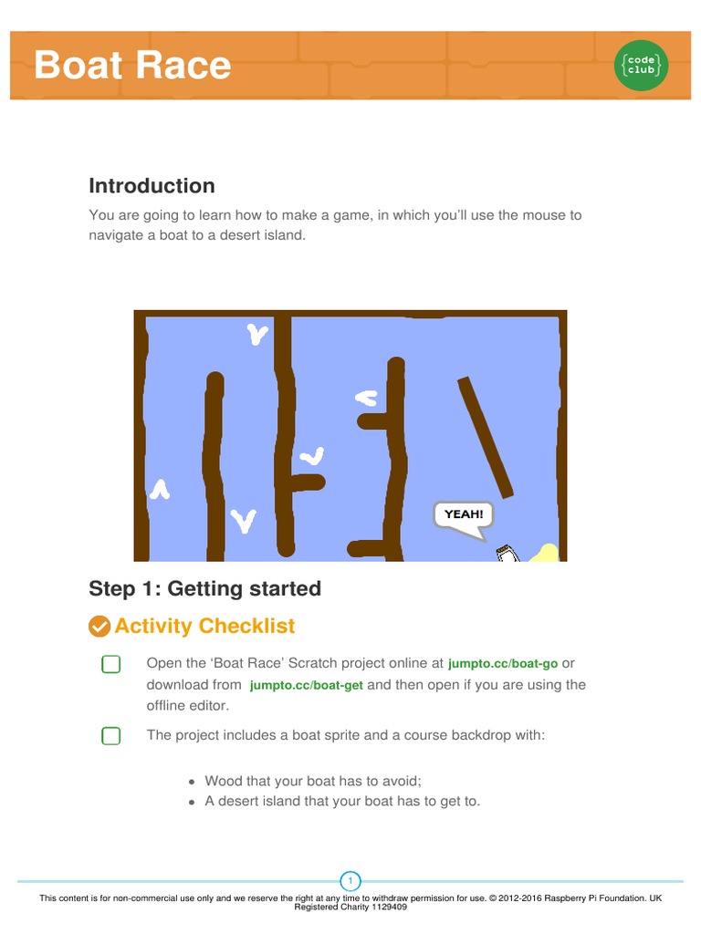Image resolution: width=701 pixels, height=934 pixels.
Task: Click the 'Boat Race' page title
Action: [132, 66]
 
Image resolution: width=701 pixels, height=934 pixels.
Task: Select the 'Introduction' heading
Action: [152, 186]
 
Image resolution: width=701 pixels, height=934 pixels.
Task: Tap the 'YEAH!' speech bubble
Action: [464, 514]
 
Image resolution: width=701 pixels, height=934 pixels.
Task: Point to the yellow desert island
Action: [545, 553]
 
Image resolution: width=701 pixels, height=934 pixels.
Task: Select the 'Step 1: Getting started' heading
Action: [204, 588]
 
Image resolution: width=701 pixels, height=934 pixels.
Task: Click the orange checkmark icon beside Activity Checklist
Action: [99, 627]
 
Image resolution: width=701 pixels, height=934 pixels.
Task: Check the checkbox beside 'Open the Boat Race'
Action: [110, 664]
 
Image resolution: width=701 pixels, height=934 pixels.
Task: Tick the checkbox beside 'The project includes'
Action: [110, 735]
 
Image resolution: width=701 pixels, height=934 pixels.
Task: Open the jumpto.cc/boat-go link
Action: [502, 663]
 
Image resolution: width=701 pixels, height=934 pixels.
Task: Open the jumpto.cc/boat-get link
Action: [306, 685]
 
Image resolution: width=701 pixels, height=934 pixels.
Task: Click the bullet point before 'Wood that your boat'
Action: [191, 782]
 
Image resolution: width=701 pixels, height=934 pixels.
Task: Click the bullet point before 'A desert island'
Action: [191, 803]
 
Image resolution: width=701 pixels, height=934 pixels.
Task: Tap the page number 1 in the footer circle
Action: [350, 881]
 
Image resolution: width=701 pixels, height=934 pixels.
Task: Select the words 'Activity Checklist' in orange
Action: [204, 627]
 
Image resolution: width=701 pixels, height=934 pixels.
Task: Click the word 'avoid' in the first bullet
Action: [403, 781]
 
